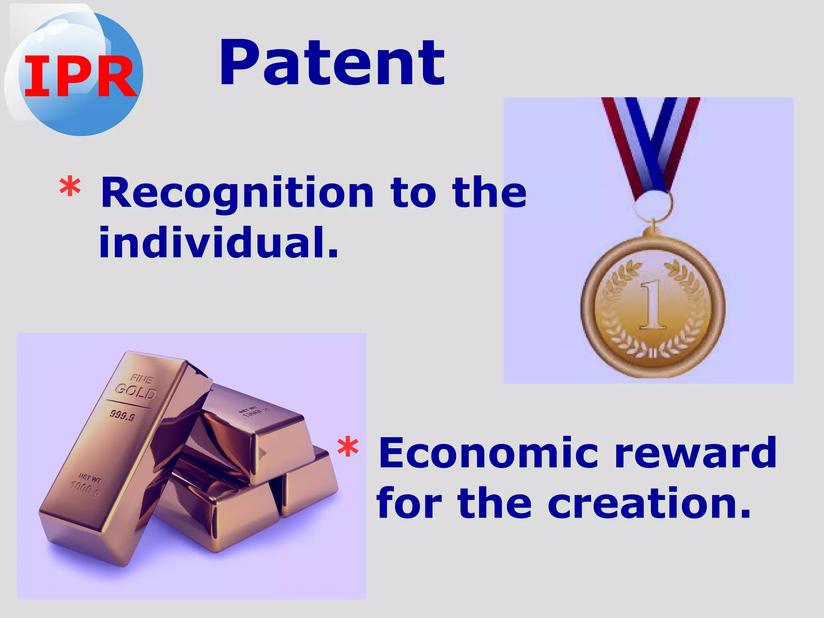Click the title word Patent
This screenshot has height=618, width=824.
click(332, 63)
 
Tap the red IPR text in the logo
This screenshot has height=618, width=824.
click(80, 76)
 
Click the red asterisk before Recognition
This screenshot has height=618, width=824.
click(70, 187)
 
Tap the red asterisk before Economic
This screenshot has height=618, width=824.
click(348, 447)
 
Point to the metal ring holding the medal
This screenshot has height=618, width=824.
click(653, 206)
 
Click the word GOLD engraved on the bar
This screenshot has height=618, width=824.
click(135, 391)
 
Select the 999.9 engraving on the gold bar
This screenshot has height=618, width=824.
click(122, 415)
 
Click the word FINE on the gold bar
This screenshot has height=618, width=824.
click(142, 379)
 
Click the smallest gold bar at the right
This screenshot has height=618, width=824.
click(310, 482)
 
